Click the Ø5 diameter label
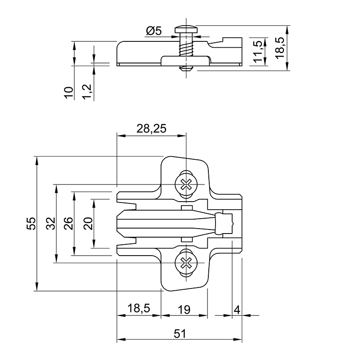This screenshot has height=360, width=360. [154, 31]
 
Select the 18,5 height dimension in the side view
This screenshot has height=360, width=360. [280, 48]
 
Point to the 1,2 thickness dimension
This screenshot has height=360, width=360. [87, 92]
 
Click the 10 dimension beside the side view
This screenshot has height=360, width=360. [69, 93]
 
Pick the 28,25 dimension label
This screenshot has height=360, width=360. [151, 129]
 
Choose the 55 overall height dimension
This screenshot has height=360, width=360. [31, 223]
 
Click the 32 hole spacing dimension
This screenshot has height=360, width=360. [51, 223]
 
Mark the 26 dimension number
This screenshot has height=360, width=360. [68, 223]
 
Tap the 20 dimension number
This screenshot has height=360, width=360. [88, 223]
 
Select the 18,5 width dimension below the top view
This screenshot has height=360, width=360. [139, 308]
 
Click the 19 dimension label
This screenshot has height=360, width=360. [184, 310]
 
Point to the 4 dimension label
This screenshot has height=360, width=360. [237, 310]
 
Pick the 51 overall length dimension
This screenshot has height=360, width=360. [180, 333]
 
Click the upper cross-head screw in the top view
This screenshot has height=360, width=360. [186, 184]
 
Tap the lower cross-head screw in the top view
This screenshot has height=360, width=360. [186, 263]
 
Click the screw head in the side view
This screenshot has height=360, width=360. [186, 29]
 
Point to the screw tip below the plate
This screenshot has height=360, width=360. [186, 68]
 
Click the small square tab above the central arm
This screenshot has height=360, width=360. [186, 208]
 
